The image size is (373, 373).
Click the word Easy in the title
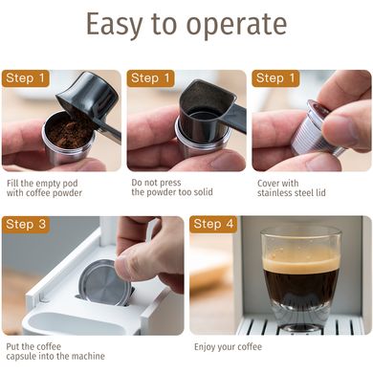tap(114, 25)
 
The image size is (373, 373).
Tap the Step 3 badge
tap(26, 224)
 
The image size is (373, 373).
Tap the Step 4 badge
tap(213, 224)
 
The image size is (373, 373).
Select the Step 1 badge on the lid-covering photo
tap(275, 78)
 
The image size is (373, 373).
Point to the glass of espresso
tap(300, 278)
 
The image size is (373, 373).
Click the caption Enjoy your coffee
tap(228, 347)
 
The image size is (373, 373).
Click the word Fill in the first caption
tap(11, 184)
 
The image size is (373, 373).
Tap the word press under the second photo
tap(170, 183)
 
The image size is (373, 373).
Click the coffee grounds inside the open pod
tap(69, 129)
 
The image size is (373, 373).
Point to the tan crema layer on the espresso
tap(300, 263)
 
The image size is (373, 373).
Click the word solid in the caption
tap(202, 192)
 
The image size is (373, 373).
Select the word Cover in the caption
tap(267, 184)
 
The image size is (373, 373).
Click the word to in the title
tap(165, 25)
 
